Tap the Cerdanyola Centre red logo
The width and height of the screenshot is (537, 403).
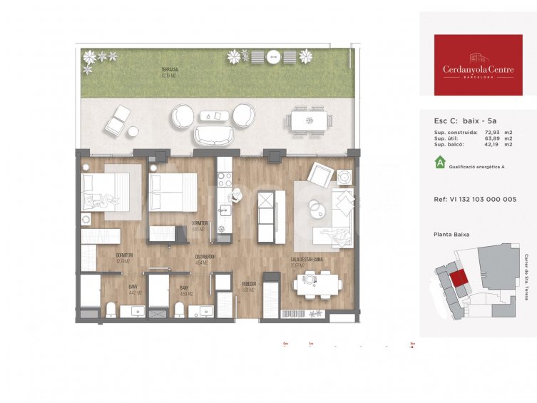tap(478, 65)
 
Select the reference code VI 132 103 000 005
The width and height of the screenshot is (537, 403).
tap(474, 200)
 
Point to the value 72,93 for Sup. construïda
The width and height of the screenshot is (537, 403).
tap(490, 133)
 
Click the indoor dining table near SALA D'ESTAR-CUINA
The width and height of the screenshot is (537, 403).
tap(318, 285)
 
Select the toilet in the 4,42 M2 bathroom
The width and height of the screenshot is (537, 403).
tap(111, 310)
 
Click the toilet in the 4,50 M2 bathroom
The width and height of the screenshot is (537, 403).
tap(180, 310)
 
